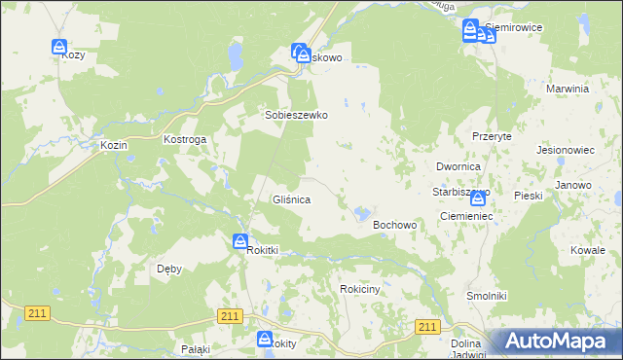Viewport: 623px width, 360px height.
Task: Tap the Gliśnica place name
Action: (290, 199)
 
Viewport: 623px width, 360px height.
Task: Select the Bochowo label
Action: (395, 225)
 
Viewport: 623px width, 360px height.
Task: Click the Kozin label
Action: (115, 145)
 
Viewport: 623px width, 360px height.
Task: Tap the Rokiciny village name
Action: (365, 289)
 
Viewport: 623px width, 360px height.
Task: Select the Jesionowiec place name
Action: (566, 151)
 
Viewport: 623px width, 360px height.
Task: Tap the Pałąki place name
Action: (197, 348)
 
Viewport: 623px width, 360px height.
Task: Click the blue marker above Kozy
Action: (58, 47)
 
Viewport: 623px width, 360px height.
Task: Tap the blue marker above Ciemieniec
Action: (477, 198)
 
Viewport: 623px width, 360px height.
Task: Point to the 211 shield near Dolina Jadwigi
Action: (427, 327)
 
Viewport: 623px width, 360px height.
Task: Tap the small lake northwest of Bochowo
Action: (362, 211)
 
